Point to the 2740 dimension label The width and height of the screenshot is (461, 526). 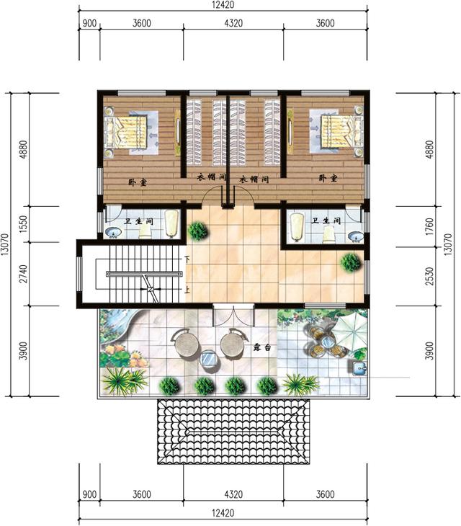coord(24,275)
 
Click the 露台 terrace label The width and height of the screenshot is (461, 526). coord(261,347)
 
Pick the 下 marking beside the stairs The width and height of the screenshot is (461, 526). coord(187,258)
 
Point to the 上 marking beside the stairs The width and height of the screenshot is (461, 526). coord(187,290)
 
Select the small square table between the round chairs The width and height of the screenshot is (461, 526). coord(208,358)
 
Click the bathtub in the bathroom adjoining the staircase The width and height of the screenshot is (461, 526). coord(171,223)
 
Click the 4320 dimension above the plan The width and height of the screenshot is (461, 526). coord(233,23)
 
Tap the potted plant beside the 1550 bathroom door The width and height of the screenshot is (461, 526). coord(197,231)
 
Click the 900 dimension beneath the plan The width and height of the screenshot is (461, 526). coord(89,494)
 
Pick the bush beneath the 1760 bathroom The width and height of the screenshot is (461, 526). coord(351,262)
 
